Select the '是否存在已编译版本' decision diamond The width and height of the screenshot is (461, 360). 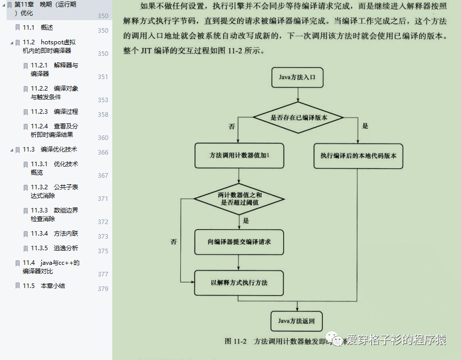coord(298,118)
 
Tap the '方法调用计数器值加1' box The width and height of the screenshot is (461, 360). coord(239,156)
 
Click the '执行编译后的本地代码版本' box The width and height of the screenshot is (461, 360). coord(358,156)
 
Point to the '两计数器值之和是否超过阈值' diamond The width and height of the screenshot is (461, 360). coord(239,198)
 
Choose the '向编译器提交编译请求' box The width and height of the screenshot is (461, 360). coord(239,242)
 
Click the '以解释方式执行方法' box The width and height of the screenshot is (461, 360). coord(239,282)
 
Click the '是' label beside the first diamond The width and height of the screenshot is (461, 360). coord(365,126)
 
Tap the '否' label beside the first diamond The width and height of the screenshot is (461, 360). coord(232,126)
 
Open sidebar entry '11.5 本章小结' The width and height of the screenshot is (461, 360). coord(44,285)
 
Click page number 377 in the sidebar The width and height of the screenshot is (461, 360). coord(103,274)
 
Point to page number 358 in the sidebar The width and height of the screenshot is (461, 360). coord(103,115)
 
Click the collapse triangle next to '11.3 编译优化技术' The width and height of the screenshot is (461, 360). coord(12,150)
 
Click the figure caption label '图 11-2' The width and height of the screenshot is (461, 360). coord(235,341)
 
